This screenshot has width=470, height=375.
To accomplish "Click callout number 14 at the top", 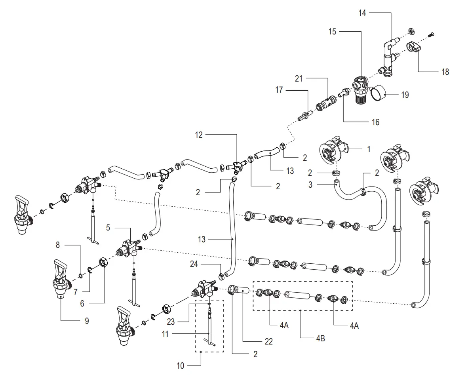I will click(362, 13).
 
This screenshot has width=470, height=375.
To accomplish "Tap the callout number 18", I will click(445, 72).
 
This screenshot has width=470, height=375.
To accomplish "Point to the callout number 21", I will click(299, 79).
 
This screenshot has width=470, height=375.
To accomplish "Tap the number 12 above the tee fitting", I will click(199, 135).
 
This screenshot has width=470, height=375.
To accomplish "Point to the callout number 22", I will click(269, 341).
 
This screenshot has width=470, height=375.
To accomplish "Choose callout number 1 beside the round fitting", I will click(369, 149).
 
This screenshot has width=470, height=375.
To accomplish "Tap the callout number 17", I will click(279, 90).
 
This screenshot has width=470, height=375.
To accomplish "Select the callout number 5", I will click(108, 228).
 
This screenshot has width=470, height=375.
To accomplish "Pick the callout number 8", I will click(58, 245).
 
